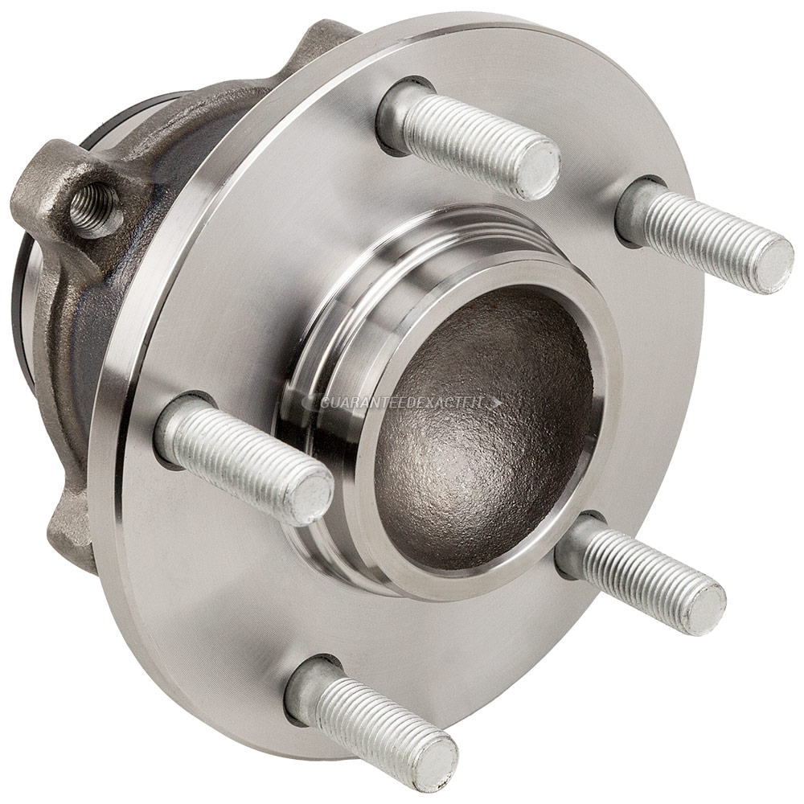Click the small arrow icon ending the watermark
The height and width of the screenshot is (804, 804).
pos(498,403)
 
